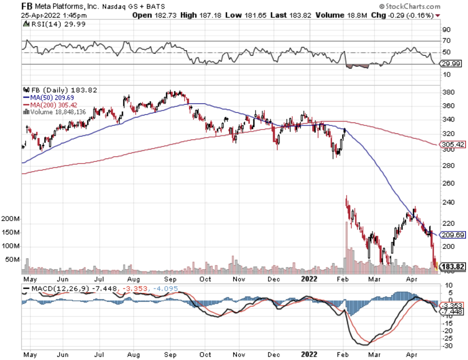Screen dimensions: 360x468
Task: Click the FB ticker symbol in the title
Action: click(27, 6)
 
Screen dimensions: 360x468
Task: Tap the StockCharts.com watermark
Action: click(409, 6)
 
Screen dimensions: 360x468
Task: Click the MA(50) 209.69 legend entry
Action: click(49, 97)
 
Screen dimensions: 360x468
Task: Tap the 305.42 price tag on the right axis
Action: click(453, 144)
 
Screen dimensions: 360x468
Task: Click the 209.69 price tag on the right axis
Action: click(453, 234)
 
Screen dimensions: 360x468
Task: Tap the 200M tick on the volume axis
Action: click(11, 219)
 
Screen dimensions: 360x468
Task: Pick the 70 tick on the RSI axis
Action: click(446, 41)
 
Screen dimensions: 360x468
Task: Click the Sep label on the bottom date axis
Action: click(170, 355)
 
